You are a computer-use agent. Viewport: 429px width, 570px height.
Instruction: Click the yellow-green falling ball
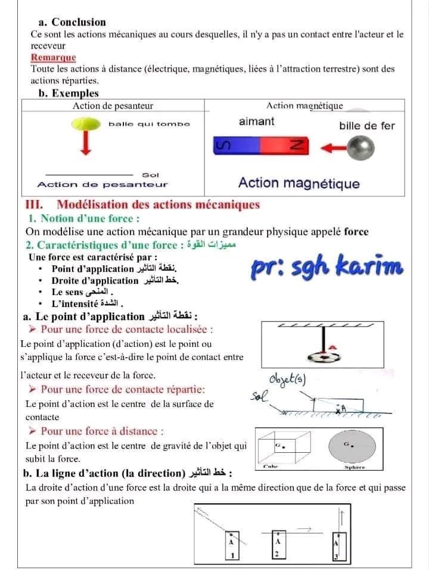click(86, 124)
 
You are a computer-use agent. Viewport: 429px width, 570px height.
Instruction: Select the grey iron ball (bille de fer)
click(361, 147)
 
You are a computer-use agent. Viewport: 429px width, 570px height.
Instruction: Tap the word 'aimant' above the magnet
click(256, 121)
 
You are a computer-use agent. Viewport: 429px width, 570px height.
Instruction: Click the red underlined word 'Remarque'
click(54, 58)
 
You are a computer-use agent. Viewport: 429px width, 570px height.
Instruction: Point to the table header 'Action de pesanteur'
click(113, 106)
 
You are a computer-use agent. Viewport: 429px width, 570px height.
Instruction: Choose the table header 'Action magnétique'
click(304, 106)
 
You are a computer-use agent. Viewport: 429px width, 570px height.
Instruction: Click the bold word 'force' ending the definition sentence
click(356, 232)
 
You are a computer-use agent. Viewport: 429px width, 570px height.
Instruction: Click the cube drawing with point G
click(282, 446)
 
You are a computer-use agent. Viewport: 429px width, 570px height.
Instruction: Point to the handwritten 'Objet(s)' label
click(288, 380)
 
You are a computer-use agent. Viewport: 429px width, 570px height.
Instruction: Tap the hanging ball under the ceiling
click(324, 356)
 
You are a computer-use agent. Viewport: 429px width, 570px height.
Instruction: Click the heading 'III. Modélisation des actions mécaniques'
click(143, 205)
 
